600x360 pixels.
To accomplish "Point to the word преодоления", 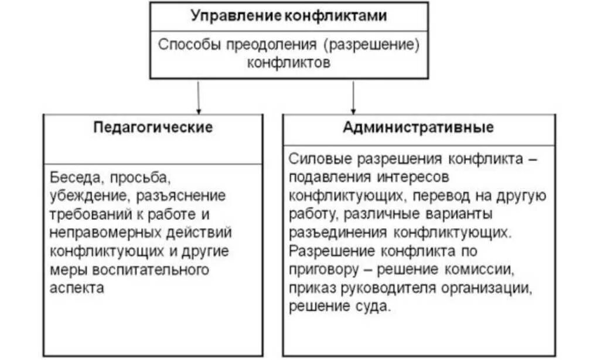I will (264, 45).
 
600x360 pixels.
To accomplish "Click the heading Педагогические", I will (153, 127).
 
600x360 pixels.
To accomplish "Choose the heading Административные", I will (418, 127).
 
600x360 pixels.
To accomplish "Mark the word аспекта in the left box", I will (77, 288).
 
